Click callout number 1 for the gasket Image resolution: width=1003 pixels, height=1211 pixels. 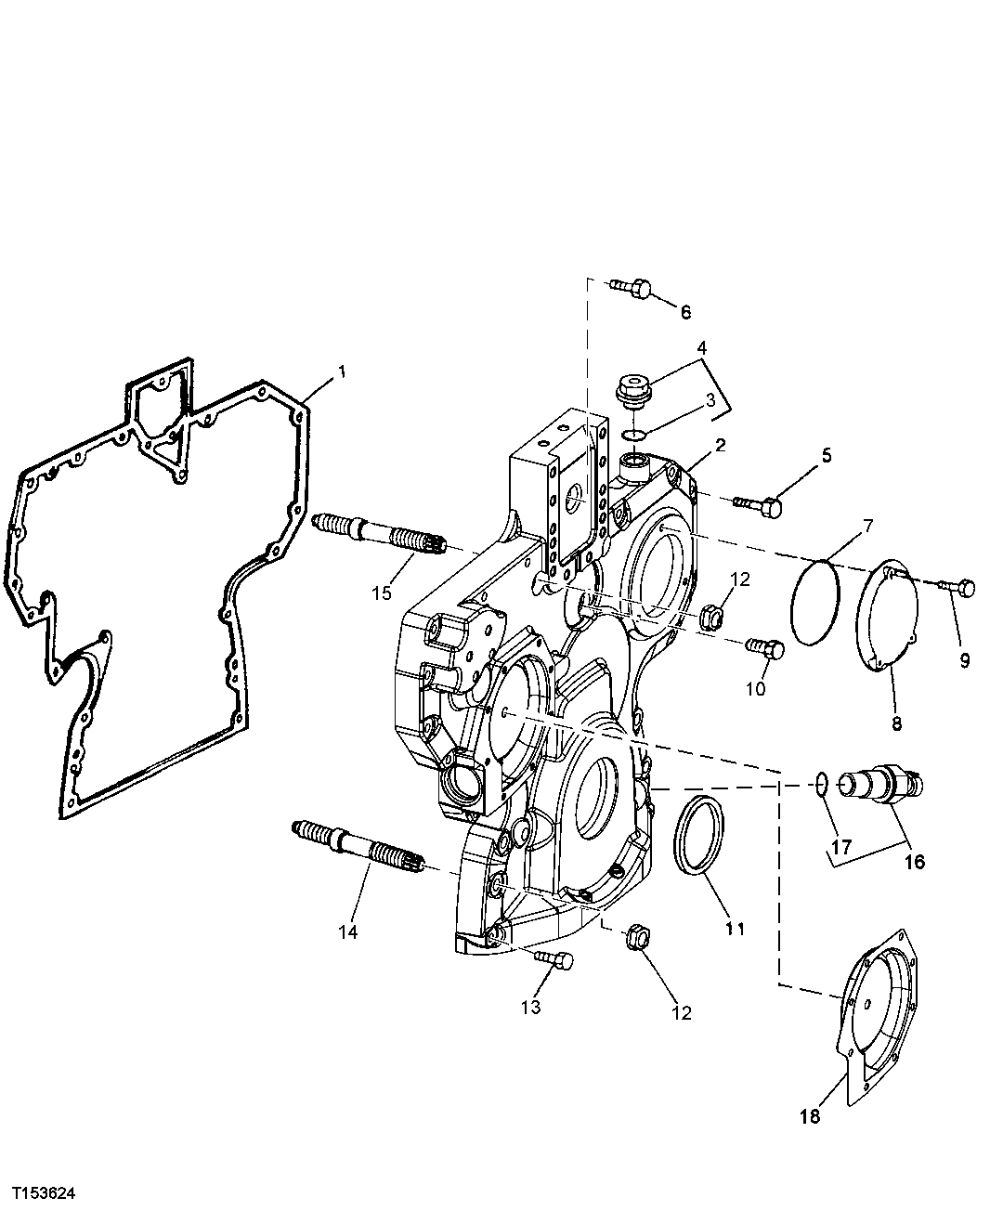pos(342,371)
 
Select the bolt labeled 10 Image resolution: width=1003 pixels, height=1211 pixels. pos(767,647)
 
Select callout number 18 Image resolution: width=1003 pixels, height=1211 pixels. pos(811,1116)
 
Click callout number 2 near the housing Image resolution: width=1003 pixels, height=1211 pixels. pos(718,445)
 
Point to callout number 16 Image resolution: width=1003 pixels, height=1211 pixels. pos(914,861)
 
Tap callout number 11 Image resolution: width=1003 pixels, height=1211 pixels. pos(735,927)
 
